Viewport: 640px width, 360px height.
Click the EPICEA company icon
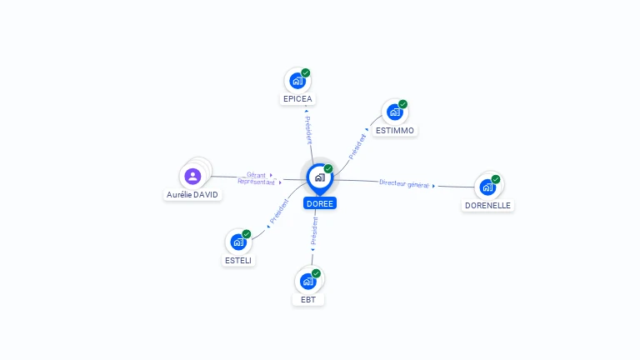coord(297,81)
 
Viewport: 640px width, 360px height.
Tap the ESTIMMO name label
coord(395,131)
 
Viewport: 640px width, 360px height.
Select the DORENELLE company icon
coord(487,187)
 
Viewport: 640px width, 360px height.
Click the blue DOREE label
coord(320,203)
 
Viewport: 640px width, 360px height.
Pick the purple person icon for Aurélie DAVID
coord(192,177)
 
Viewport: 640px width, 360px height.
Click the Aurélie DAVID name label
coord(192,195)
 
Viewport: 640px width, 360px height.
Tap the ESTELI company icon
coord(238,242)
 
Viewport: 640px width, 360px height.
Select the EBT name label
coord(308,300)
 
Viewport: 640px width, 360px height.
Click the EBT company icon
coord(308,281)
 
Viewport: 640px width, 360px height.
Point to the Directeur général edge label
coord(404,184)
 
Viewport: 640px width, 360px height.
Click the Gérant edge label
coord(256,175)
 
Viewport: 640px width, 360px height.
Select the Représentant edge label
coord(257,182)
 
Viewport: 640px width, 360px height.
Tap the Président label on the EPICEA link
coord(308,130)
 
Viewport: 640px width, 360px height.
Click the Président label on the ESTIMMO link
coord(357,147)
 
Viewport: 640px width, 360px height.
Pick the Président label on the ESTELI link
coord(279,211)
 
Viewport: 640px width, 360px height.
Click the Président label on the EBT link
coord(314,231)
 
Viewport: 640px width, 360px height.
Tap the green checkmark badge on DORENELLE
coord(496,179)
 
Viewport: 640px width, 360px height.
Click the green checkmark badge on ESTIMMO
coord(402,104)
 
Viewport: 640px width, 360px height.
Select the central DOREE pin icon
coord(320,179)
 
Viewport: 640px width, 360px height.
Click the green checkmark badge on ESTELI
coord(247,234)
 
